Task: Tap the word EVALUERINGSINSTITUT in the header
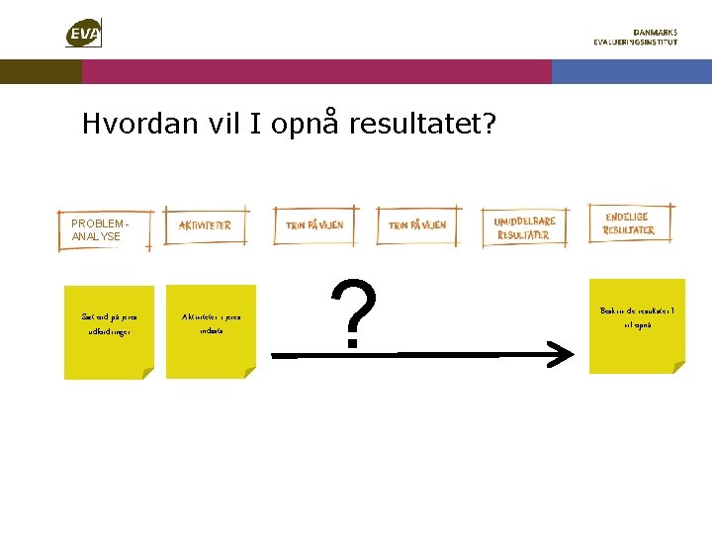636,43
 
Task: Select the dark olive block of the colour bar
41,71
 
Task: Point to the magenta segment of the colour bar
316,71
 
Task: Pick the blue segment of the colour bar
631,71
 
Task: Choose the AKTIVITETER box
207,225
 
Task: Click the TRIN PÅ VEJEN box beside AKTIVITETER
314,225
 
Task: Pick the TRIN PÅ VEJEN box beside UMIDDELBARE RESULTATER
416,225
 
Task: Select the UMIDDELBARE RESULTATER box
524,228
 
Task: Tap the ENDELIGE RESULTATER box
629,222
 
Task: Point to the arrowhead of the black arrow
564,353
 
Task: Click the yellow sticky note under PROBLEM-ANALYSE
109,332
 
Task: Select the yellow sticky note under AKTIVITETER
211,331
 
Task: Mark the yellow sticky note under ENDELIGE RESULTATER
637,325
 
